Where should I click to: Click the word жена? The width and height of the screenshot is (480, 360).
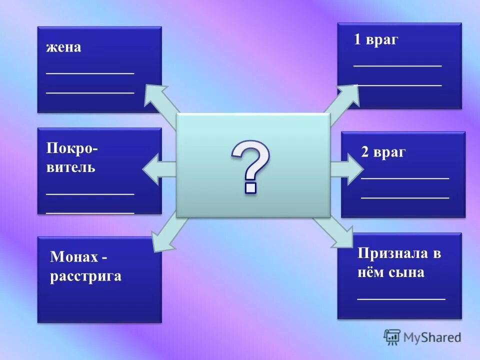63,48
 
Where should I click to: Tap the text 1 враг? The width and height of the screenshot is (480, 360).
376,40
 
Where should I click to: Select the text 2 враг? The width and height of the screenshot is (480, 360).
383,152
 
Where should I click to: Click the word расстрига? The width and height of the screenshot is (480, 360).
85,276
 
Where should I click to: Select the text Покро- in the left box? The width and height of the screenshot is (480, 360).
72,148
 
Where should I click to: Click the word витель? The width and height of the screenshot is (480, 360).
71,167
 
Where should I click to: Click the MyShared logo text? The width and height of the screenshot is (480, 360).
432,337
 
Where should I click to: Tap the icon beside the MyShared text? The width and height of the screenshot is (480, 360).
392,337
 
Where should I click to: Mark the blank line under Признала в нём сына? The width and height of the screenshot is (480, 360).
401,298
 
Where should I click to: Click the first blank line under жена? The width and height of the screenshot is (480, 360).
90,73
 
